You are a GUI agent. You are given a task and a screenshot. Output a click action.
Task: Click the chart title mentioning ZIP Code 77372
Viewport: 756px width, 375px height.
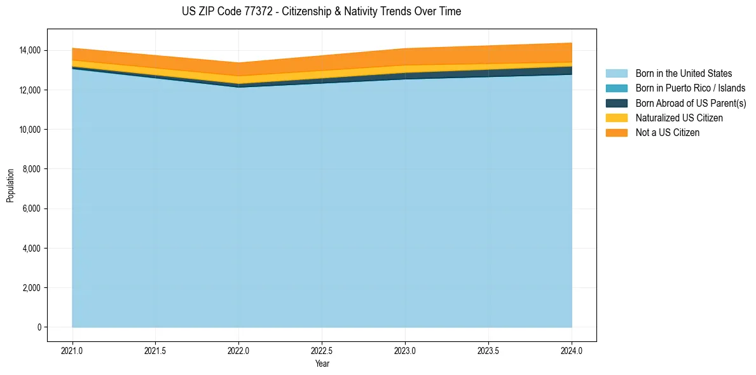pos(321,11)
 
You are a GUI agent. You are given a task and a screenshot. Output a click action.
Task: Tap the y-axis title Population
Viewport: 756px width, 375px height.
pos(10,186)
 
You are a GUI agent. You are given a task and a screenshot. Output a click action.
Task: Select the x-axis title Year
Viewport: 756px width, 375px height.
pos(322,364)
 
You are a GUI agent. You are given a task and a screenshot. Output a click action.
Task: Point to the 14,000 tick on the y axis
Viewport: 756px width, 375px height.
pos(29,50)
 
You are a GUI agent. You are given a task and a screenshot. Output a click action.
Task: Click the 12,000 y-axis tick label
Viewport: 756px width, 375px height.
pos(29,90)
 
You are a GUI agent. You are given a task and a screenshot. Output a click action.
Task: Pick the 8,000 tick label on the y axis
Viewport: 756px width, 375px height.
pos(31,169)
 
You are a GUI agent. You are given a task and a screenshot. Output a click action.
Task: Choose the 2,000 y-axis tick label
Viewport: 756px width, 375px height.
pos(31,288)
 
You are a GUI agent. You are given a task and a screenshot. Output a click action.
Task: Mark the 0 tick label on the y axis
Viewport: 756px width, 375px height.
pos(39,327)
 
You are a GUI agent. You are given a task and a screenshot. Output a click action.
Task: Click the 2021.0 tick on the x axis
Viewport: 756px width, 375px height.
pos(72,350)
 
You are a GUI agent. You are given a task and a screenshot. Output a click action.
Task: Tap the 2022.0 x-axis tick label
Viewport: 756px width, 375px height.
pos(238,350)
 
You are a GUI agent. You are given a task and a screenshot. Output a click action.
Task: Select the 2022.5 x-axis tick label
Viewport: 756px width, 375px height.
pos(322,350)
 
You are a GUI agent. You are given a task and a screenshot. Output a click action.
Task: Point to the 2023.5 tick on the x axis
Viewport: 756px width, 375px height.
pos(488,350)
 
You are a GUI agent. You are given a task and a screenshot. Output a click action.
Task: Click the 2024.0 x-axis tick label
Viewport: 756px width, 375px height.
pos(572,350)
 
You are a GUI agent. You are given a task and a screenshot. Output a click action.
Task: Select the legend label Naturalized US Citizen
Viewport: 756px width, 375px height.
pos(679,118)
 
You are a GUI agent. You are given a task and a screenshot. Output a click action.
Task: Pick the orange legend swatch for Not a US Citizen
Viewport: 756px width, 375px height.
pos(617,133)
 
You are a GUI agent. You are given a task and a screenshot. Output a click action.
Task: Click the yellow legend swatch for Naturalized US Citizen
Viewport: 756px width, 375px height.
pos(617,118)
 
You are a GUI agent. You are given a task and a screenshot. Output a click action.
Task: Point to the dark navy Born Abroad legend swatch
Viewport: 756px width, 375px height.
pos(617,103)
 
